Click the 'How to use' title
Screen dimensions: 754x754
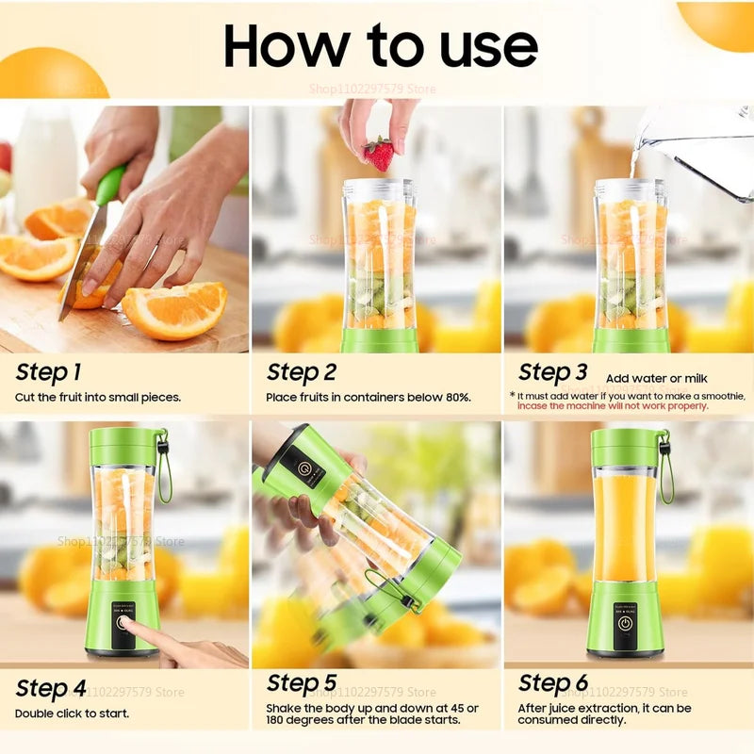click(381, 44)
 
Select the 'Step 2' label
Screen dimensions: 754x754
click(302, 371)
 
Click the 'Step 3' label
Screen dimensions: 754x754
click(553, 371)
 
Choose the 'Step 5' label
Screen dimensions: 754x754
click(302, 682)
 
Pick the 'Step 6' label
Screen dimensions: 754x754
click(553, 682)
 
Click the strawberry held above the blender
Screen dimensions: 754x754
click(380, 154)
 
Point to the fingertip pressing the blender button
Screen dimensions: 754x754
click(127, 625)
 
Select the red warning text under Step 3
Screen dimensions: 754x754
click(612, 406)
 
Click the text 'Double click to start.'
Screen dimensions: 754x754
click(72, 713)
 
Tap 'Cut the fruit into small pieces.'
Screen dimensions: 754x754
click(97, 398)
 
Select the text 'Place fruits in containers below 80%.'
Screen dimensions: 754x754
click(368, 398)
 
